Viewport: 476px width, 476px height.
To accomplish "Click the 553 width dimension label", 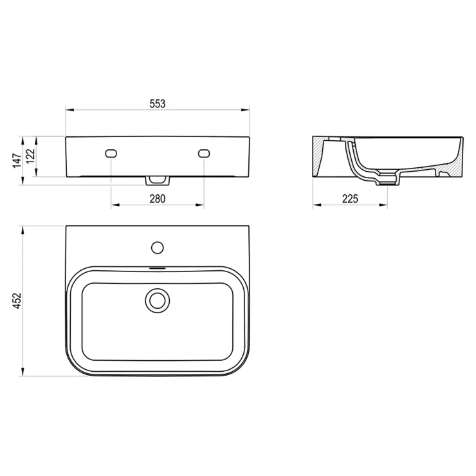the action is click(157, 104).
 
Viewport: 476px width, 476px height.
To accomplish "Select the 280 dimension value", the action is click(157, 199).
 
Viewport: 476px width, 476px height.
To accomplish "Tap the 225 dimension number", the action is click(350, 199).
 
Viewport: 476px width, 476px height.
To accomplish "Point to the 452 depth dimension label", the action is click(17, 301).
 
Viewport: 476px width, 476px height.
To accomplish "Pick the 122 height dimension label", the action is click(30, 156).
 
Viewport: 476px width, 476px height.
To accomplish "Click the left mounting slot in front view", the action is click(111, 153).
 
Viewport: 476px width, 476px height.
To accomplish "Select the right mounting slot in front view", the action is click(204, 153).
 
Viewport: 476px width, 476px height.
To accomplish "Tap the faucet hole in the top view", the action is click(157, 248).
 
